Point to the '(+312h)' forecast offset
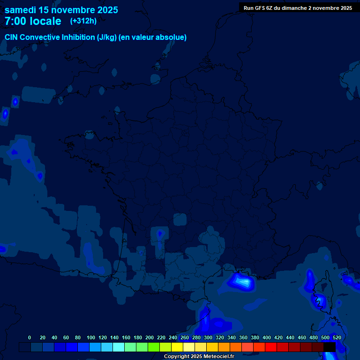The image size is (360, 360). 83,21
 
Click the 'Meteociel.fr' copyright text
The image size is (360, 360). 216,357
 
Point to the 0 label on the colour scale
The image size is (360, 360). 30,337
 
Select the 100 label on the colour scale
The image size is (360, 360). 91,337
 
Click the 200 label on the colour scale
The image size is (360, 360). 150,337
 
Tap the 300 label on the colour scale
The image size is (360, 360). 208,337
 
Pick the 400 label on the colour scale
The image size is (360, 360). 267,337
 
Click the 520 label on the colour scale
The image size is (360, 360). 337,337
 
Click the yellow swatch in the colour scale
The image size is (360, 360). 177,347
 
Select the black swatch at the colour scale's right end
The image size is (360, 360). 330,347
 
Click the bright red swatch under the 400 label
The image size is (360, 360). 271,347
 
